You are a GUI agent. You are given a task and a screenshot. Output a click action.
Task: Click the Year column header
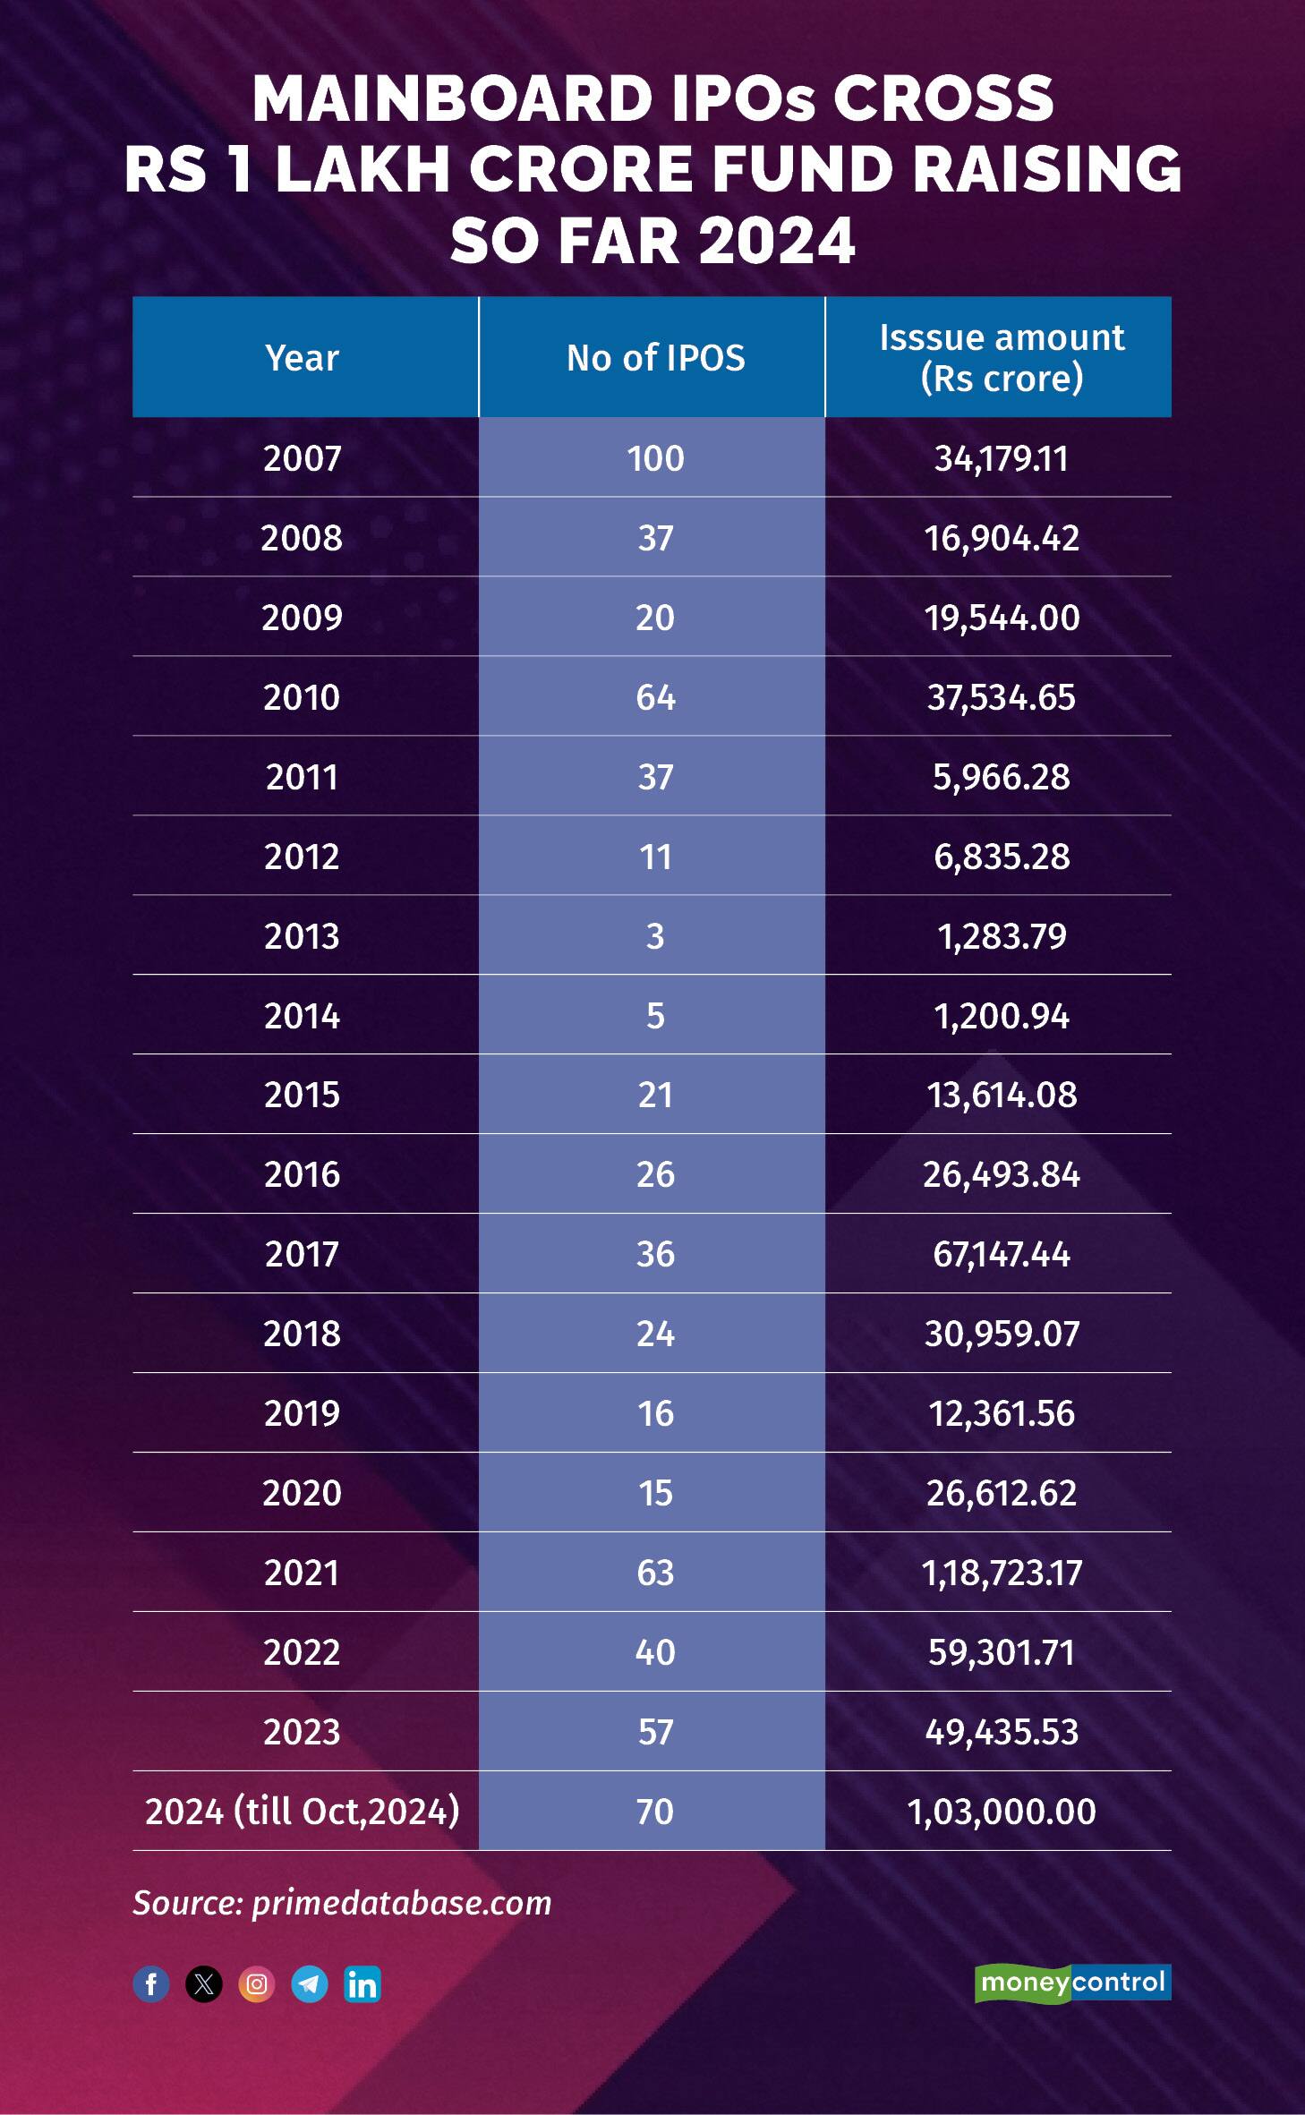click(303, 358)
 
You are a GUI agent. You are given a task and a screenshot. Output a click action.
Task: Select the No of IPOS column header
click(655, 358)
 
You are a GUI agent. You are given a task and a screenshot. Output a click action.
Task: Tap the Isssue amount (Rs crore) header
click(1001, 358)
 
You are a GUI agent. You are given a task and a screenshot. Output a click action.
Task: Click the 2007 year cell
click(303, 459)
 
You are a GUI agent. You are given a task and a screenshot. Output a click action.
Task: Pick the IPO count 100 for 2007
click(655, 459)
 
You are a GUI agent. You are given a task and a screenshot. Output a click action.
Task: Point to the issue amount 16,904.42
click(1001, 539)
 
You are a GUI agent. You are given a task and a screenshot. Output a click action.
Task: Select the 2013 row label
click(303, 936)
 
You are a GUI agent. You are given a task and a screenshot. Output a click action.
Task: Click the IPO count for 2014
click(655, 1016)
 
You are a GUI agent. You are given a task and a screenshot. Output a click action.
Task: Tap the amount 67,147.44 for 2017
click(1001, 1255)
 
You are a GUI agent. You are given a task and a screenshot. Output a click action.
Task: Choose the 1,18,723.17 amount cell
click(1001, 1573)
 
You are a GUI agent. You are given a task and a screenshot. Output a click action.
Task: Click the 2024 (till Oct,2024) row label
click(303, 1812)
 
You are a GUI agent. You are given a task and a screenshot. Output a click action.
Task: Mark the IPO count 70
click(655, 1812)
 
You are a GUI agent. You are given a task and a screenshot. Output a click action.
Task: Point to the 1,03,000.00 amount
click(1001, 1812)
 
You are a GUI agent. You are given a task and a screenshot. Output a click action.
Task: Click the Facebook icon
click(151, 1984)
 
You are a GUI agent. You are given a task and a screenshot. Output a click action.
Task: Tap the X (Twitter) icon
click(204, 1984)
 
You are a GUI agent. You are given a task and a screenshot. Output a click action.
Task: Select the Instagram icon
click(257, 1984)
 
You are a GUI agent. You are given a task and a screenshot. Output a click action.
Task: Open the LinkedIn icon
click(362, 1984)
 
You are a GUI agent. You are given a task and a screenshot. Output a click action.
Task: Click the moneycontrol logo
click(1072, 1983)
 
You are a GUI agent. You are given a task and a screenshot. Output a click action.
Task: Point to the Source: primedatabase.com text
click(342, 1902)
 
